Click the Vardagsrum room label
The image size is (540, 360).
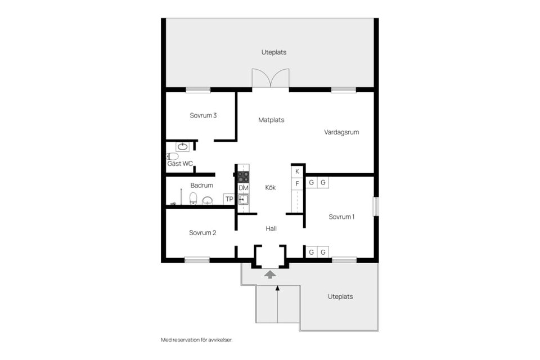[x=341, y=132]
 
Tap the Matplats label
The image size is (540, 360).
[x=271, y=120]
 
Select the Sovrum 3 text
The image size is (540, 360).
[x=203, y=115]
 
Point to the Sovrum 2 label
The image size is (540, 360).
[x=202, y=232]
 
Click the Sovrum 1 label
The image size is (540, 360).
[x=341, y=217]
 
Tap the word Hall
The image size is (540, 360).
[x=271, y=228]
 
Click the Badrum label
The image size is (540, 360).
[x=201, y=185]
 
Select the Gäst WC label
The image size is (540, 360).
[x=180, y=164]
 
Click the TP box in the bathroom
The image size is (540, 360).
[x=229, y=199]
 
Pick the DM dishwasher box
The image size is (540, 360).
[x=243, y=187]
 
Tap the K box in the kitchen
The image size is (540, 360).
[x=297, y=171]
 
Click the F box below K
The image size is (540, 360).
[x=297, y=183]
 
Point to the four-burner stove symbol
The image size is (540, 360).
[x=243, y=176]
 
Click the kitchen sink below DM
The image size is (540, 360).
[x=243, y=199]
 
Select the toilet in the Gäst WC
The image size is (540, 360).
[x=173, y=156]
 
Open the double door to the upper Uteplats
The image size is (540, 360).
[x=271, y=79]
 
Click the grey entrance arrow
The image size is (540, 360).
[x=271, y=274]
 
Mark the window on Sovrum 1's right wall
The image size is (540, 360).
[x=376, y=205]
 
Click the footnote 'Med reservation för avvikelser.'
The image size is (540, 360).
[x=196, y=340]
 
